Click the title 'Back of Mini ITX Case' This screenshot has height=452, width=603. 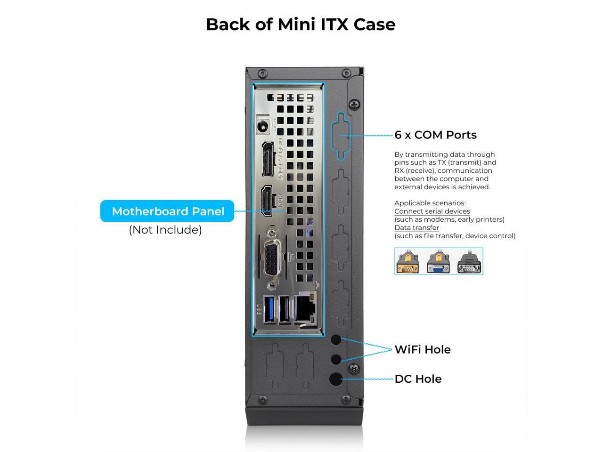coord(301,24)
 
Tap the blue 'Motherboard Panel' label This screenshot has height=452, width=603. coord(168,211)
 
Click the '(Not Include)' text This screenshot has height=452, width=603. coord(165,230)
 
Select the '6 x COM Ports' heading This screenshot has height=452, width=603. coord(435,135)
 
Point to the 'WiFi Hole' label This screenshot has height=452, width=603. coord(422,349)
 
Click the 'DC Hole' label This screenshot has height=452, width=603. coord(418,379)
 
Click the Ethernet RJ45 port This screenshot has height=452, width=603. coord(306,308)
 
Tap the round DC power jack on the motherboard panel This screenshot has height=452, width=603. coord(263,126)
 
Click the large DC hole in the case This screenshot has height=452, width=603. coord(336,379)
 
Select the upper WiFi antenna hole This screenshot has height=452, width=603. coord(336,339)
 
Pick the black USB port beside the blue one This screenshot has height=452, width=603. coord(284,309)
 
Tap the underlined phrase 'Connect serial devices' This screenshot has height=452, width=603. coord(432,211)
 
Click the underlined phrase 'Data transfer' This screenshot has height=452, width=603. coord(416,228)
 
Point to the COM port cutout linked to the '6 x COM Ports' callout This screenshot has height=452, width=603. coord(341,135)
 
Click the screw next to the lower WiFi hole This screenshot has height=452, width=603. coord(355,368)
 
